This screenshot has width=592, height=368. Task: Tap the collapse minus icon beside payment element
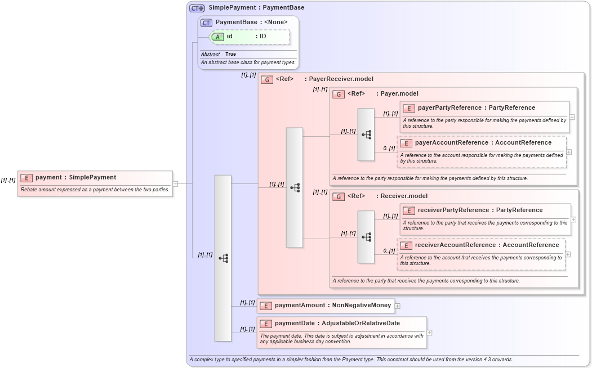pos(175,183)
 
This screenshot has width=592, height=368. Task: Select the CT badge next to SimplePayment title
pos(197,8)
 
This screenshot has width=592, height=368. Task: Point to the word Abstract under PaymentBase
pos(210,55)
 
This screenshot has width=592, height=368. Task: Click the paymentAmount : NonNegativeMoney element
pos(326,305)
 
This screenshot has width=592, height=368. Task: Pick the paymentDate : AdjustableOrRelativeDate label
pos(337,323)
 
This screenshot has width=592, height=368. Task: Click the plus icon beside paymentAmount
pos(398,306)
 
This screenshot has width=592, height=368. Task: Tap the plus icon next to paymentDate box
pos(429,332)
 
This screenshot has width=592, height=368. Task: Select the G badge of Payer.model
pos(339,94)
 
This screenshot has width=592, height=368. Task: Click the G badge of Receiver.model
pos(339,196)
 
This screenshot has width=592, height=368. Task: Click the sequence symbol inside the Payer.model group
pos(366,135)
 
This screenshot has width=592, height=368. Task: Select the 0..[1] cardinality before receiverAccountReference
pos(389,251)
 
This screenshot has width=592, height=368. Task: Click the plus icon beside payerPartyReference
pos(572,117)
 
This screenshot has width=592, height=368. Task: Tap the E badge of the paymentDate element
pos(266,324)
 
